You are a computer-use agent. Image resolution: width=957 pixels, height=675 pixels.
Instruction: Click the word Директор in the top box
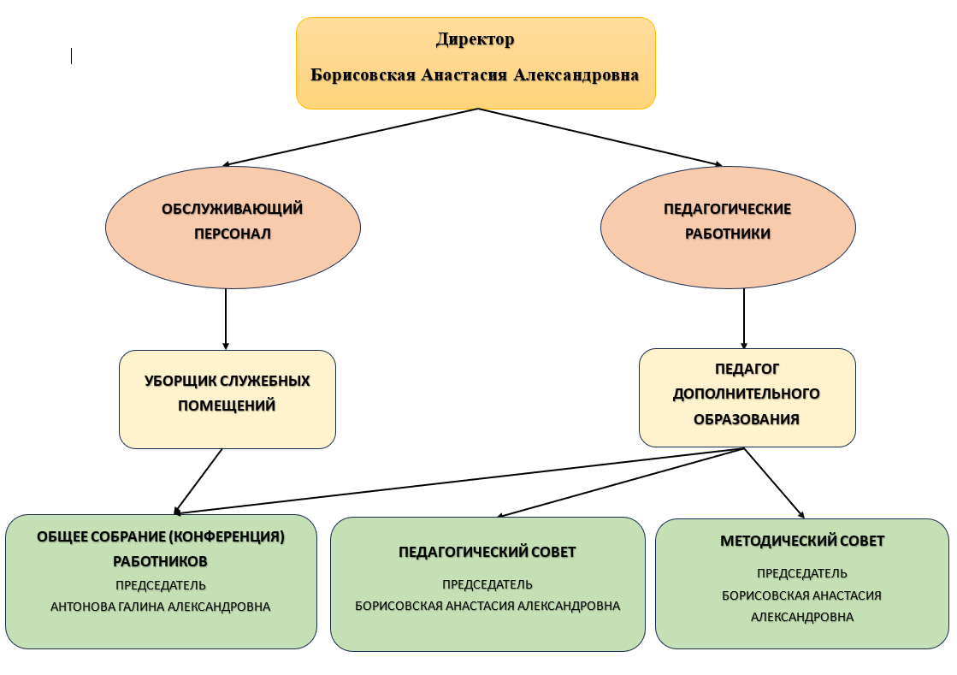coord(475,39)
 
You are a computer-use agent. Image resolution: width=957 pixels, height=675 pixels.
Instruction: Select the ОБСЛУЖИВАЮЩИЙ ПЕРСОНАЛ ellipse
coord(233,227)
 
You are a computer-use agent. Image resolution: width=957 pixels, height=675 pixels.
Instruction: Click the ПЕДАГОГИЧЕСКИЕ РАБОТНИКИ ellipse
coord(728,227)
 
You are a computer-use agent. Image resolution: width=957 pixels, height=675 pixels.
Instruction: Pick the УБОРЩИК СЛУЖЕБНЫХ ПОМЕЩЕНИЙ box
coord(227,400)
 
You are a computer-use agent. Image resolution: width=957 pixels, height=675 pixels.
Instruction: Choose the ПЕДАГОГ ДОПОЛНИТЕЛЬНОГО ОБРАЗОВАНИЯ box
coord(747,397)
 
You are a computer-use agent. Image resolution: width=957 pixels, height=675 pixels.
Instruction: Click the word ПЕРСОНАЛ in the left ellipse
coord(233,234)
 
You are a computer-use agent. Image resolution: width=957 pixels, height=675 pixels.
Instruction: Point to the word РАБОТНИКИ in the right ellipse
coord(728,234)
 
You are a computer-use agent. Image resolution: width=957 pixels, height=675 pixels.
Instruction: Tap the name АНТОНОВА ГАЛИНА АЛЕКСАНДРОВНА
coord(161,607)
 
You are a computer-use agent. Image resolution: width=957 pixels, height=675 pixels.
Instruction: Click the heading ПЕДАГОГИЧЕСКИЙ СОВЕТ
coord(487,552)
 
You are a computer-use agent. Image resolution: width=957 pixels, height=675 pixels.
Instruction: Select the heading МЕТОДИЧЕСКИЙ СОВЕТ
coord(802,541)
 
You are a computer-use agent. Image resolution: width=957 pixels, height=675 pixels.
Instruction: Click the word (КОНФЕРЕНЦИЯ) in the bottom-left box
coord(227,536)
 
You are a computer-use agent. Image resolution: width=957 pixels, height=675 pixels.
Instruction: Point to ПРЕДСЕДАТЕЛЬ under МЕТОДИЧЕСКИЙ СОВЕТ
coord(802,573)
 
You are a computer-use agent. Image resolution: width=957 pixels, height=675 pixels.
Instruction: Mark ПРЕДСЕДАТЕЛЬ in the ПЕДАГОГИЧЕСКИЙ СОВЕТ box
coord(487,584)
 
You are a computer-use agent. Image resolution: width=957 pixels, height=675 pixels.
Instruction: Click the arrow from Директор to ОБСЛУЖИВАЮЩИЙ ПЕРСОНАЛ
coord(350,138)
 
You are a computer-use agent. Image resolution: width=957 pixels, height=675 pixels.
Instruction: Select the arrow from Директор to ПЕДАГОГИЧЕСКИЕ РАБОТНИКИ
coord(600,138)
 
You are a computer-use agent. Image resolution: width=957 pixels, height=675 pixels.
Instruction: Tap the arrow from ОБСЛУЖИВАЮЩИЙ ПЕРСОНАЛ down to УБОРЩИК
coord(226,319)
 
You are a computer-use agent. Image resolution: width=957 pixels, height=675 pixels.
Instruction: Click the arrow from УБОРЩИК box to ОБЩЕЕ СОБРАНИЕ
coord(198,482)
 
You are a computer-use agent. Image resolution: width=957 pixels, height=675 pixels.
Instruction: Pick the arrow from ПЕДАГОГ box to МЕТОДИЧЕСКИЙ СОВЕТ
coord(775,483)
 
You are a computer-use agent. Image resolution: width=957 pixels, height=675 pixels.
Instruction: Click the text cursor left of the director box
coord(71,56)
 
